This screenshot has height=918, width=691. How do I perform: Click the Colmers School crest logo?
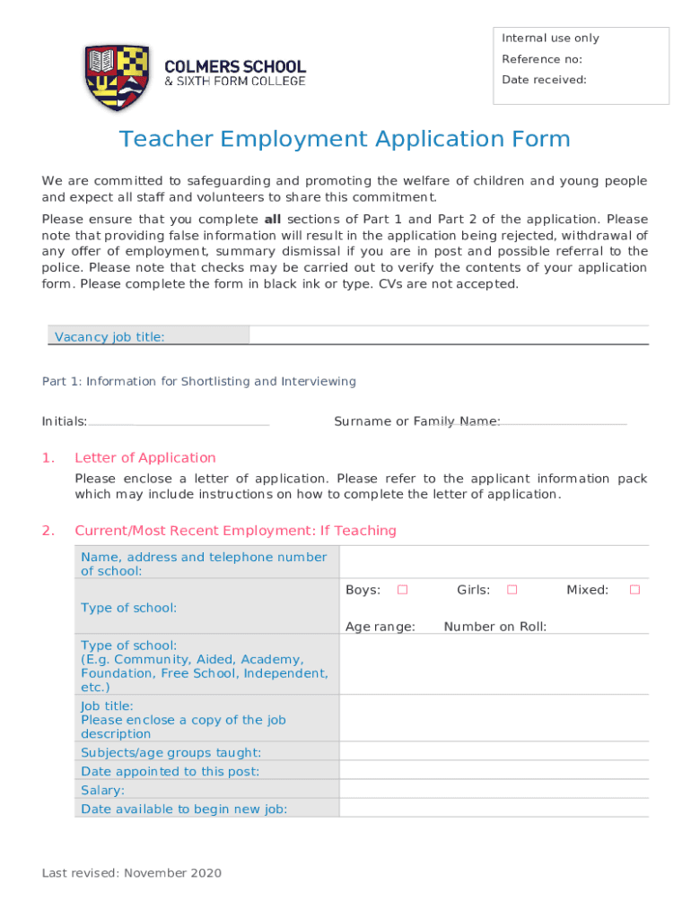[x=117, y=77]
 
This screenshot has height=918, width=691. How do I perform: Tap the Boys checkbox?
[x=403, y=590]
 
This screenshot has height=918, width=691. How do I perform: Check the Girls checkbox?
[x=512, y=590]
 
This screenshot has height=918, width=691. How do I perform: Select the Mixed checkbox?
[x=634, y=590]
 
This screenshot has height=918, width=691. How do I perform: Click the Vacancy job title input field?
[x=448, y=336]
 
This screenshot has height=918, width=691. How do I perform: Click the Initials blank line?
[x=179, y=421]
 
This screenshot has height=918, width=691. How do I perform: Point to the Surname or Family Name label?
[x=416, y=421]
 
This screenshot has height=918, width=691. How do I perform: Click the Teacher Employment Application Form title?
[x=345, y=140]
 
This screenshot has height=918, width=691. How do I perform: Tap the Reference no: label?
[x=542, y=59]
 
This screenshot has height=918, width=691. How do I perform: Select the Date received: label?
[x=544, y=80]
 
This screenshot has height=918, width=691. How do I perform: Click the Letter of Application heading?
[x=145, y=458]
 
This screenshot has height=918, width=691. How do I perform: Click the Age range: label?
[x=380, y=627]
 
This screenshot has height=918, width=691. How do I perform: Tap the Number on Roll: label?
[x=494, y=627]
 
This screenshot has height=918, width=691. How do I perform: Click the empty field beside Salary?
[x=493, y=790]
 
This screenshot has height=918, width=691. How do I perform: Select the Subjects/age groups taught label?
[x=171, y=753]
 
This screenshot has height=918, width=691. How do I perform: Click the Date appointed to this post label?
[x=170, y=772]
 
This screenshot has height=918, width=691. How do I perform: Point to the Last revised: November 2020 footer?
[x=132, y=873]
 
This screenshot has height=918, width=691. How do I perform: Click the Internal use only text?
[x=550, y=39]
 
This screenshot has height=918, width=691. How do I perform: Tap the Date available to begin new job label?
[x=184, y=809]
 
